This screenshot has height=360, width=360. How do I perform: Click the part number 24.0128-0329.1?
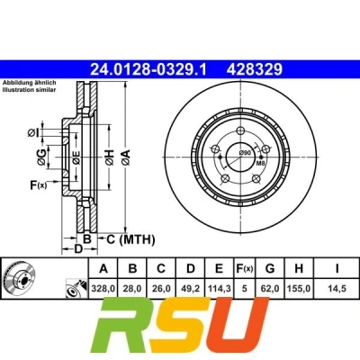(x=148, y=69)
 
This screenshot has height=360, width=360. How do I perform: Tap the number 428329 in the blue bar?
(x=255, y=69)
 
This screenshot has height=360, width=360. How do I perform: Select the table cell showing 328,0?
(x=103, y=289)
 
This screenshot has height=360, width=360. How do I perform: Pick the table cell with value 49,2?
(x=191, y=289)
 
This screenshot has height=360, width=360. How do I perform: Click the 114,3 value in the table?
(x=220, y=289)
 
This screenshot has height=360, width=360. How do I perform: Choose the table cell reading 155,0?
(x=299, y=289)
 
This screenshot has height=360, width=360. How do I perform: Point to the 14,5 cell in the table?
(x=337, y=289)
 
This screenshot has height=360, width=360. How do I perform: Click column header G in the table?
(x=270, y=268)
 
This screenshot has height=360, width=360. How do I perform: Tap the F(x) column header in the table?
(x=244, y=268)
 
